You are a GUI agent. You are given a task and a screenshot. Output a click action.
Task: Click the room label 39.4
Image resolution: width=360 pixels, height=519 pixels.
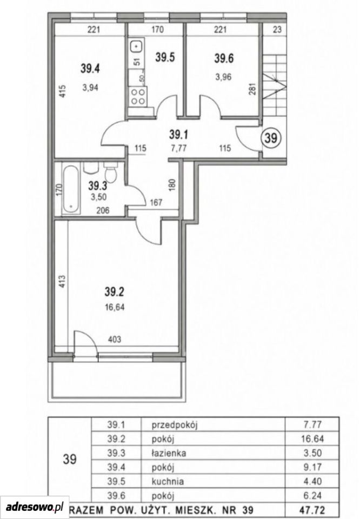pyautogui.click(x=90, y=69)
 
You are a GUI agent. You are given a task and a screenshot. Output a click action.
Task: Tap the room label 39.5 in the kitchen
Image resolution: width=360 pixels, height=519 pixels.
pyautogui.click(x=165, y=58)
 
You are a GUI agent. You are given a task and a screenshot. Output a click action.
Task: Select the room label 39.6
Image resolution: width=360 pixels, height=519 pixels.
pyautogui.click(x=224, y=58)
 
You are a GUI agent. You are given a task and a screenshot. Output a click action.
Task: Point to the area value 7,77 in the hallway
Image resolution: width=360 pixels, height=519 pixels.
pyautogui.click(x=179, y=148)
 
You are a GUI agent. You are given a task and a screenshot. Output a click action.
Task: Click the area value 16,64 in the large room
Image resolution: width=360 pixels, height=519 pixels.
pyautogui.click(x=115, y=307)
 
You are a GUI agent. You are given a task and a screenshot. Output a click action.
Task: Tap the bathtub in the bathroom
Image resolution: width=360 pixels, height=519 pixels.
pyautogui.click(x=71, y=189)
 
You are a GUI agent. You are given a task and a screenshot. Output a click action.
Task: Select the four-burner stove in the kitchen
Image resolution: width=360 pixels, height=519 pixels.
pyautogui.click(x=138, y=97)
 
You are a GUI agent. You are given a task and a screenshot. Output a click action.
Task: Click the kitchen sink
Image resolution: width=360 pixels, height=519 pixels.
pyautogui.click(x=137, y=46)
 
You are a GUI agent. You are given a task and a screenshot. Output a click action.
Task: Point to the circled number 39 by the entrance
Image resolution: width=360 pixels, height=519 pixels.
pyautogui.click(x=271, y=138)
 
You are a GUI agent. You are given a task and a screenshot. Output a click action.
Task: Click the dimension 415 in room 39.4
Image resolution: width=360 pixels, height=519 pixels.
pyautogui.click(x=64, y=92)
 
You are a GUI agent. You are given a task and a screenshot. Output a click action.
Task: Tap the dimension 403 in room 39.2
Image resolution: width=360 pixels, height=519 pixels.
pyautogui.click(x=115, y=340)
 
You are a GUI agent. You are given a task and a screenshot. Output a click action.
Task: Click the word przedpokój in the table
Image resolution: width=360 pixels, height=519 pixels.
pyautogui.click(x=175, y=425)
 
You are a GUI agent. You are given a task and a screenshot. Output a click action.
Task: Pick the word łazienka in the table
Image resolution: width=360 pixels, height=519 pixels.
pyautogui.click(x=169, y=453)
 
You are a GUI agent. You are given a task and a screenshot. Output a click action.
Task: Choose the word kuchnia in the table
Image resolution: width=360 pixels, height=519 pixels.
pyautogui.click(x=168, y=481)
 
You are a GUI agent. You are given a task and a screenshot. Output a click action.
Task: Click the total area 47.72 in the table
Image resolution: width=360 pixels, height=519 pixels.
pyautogui.click(x=312, y=509)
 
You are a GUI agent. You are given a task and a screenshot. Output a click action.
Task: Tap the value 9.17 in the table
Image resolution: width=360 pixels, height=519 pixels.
pyautogui.click(x=312, y=467)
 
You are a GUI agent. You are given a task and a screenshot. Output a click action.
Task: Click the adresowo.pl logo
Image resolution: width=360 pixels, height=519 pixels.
pyautogui.click(x=35, y=507)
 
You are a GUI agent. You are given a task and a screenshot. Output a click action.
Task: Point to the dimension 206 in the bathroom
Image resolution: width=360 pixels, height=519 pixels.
pyautogui.click(x=103, y=210)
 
